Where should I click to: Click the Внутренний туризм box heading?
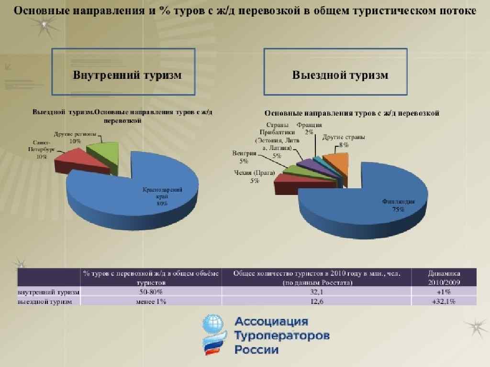tap(123, 75)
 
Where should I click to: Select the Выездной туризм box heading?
tap(340, 75)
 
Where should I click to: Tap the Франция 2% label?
tap(309, 129)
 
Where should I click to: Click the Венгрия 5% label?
tap(244, 157)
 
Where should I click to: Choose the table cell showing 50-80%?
tap(151, 291)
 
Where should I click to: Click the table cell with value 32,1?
tap(316, 291)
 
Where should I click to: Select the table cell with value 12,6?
tap(316, 301)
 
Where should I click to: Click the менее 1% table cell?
tap(151, 301)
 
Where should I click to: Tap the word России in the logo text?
tap(256, 350)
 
